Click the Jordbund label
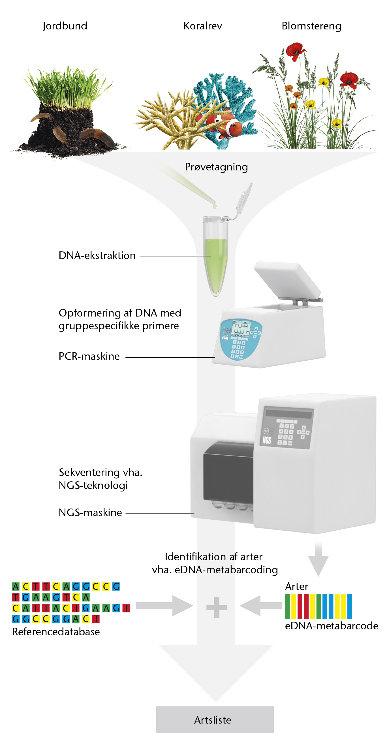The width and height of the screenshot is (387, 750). tap(65, 26)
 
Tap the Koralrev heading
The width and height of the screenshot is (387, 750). tap(203, 26)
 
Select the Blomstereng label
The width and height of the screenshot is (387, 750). tap(311, 26)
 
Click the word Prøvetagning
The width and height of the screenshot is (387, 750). tap(216, 167)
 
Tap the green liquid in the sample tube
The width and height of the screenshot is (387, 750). tap(215, 265)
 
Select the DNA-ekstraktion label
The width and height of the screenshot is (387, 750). tap(97, 255)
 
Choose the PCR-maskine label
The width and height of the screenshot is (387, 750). tap(89, 356)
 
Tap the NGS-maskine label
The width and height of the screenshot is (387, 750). tap(90, 512)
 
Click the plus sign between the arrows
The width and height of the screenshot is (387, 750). tap(217, 608)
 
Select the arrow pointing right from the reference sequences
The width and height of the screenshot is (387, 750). tap(164, 606)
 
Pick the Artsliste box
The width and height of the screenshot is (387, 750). tap(215, 720)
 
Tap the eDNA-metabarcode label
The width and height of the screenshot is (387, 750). tap(332, 626)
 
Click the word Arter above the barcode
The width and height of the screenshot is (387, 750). tap(296, 586)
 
